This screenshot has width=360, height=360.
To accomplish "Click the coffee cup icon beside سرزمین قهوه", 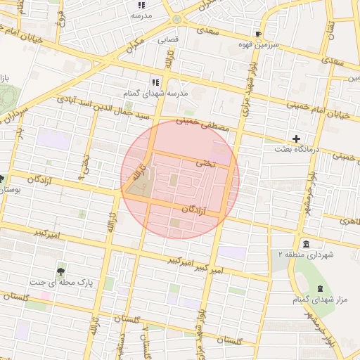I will tap(259, 33).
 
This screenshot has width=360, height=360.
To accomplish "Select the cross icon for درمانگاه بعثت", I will tap(297, 139).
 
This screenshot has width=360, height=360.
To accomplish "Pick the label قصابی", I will tap(168, 40).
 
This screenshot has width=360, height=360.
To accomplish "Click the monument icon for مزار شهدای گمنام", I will tap(321, 289).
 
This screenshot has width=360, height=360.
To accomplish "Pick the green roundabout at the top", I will tap(175, 19).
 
